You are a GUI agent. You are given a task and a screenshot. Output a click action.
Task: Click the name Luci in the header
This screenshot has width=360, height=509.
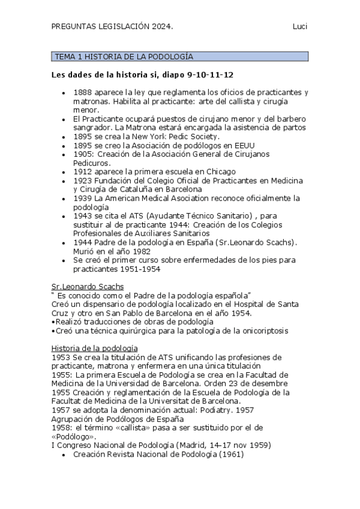(299, 26)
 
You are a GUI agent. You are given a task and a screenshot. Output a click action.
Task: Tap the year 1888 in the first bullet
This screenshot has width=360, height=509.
(83, 92)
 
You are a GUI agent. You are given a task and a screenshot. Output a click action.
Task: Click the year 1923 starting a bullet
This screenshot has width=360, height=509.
(83, 181)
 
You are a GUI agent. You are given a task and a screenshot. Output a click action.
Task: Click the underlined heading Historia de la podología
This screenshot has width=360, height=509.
(95, 348)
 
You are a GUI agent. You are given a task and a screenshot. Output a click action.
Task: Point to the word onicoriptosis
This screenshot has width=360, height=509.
(262, 330)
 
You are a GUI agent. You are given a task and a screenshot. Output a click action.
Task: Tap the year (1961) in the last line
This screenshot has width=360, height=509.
(231, 454)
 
